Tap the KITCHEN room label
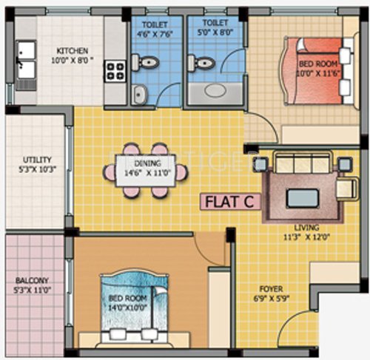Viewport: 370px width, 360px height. (73, 52)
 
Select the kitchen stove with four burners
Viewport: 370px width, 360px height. (115, 72)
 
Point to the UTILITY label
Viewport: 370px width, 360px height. (33, 158)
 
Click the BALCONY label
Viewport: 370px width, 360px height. (33, 281)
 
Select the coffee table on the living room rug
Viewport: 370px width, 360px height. (303, 197)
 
